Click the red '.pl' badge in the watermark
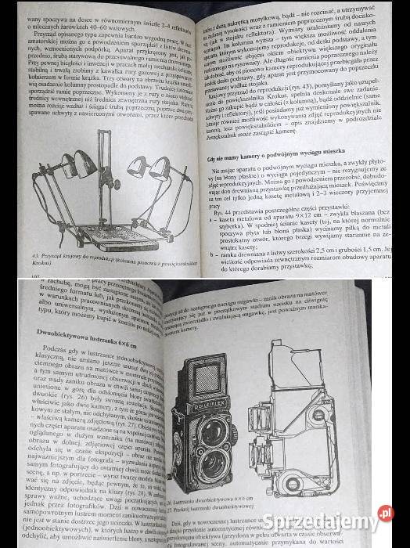point(385,514)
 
